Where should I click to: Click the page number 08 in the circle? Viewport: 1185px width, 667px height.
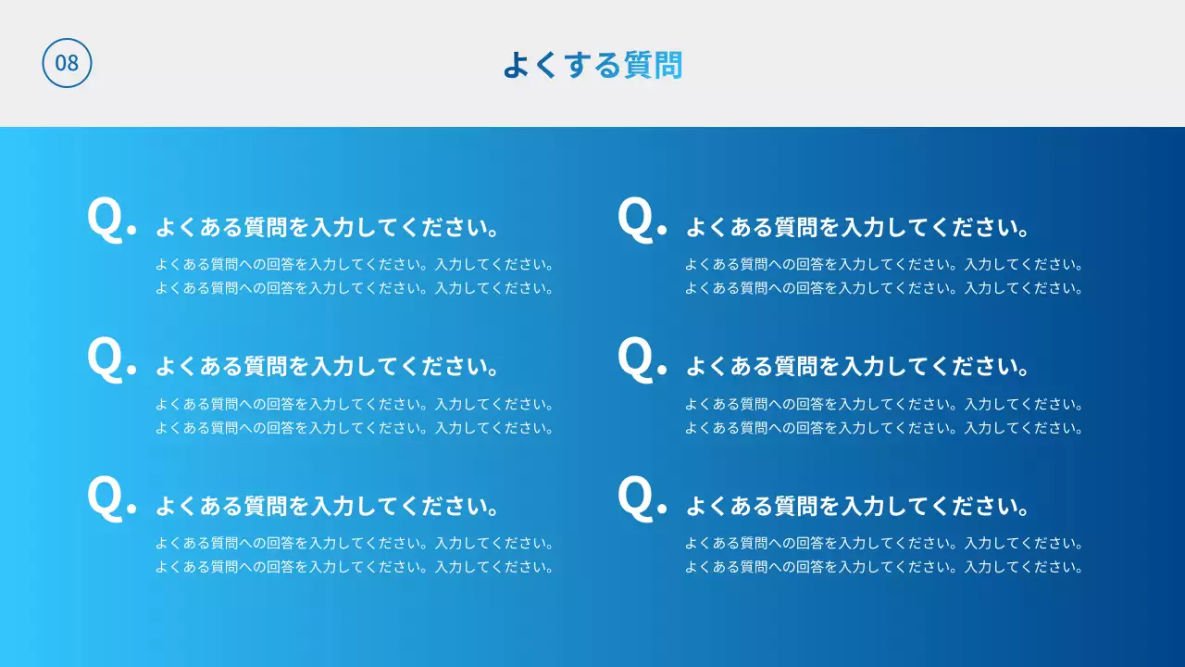click(x=67, y=63)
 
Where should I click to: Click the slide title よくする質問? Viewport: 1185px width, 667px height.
click(x=592, y=65)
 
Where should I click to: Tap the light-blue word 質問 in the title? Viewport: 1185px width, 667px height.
click(x=653, y=65)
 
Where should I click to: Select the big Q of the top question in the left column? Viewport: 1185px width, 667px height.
click(x=105, y=220)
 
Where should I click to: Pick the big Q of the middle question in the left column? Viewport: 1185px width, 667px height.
click(x=105, y=359)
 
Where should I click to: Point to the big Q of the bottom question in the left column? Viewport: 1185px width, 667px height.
click(x=105, y=498)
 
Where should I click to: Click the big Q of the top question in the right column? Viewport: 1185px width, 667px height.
click(x=635, y=220)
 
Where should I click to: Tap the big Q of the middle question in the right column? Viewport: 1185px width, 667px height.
click(x=635, y=359)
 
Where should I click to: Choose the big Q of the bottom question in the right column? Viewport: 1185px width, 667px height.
click(x=635, y=498)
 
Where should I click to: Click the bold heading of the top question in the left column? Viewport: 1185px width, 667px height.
click(x=328, y=227)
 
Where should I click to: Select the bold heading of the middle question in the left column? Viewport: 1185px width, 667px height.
click(x=328, y=367)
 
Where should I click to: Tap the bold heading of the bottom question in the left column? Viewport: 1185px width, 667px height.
click(x=328, y=507)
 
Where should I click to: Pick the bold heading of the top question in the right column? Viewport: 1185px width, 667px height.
click(x=857, y=227)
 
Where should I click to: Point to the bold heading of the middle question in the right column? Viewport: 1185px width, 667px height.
click(x=857, y=367)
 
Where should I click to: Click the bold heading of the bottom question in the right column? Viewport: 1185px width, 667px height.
click(x=857, y=507)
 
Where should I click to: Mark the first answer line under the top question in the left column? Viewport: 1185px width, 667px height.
click(x=355, y=264)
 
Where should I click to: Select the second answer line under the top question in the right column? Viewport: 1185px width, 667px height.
click(x=884, y=288)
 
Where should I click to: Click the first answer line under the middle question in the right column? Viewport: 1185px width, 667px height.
click(x=884, y=404)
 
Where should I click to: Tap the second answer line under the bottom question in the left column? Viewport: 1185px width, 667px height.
click(x=355, y=567)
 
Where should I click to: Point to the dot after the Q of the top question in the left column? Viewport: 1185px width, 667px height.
click(x=131, y=230)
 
